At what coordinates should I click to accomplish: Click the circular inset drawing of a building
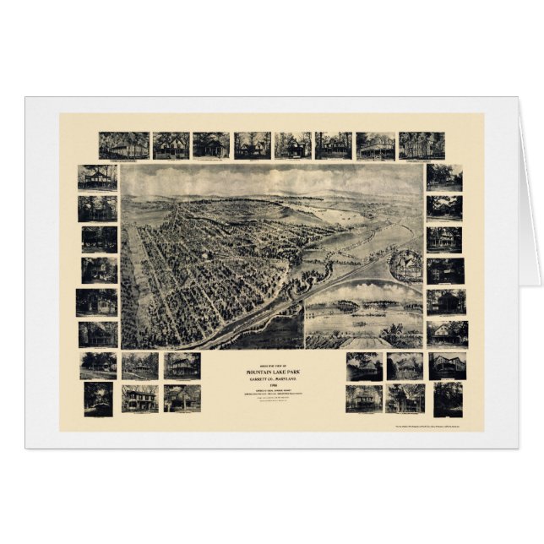405,266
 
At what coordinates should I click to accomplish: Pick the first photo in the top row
123,145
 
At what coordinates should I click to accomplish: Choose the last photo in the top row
422,145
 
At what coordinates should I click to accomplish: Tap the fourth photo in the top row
253,145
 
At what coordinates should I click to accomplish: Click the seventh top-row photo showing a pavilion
375,145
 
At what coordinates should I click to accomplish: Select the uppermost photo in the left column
98,177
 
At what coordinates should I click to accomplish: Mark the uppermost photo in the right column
444,177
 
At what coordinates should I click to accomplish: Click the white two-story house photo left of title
139,398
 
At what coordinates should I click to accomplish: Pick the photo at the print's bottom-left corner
98,399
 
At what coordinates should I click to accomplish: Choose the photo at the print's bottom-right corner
447,399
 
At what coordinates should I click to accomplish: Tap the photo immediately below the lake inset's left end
364,366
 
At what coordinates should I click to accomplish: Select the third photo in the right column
444,240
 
